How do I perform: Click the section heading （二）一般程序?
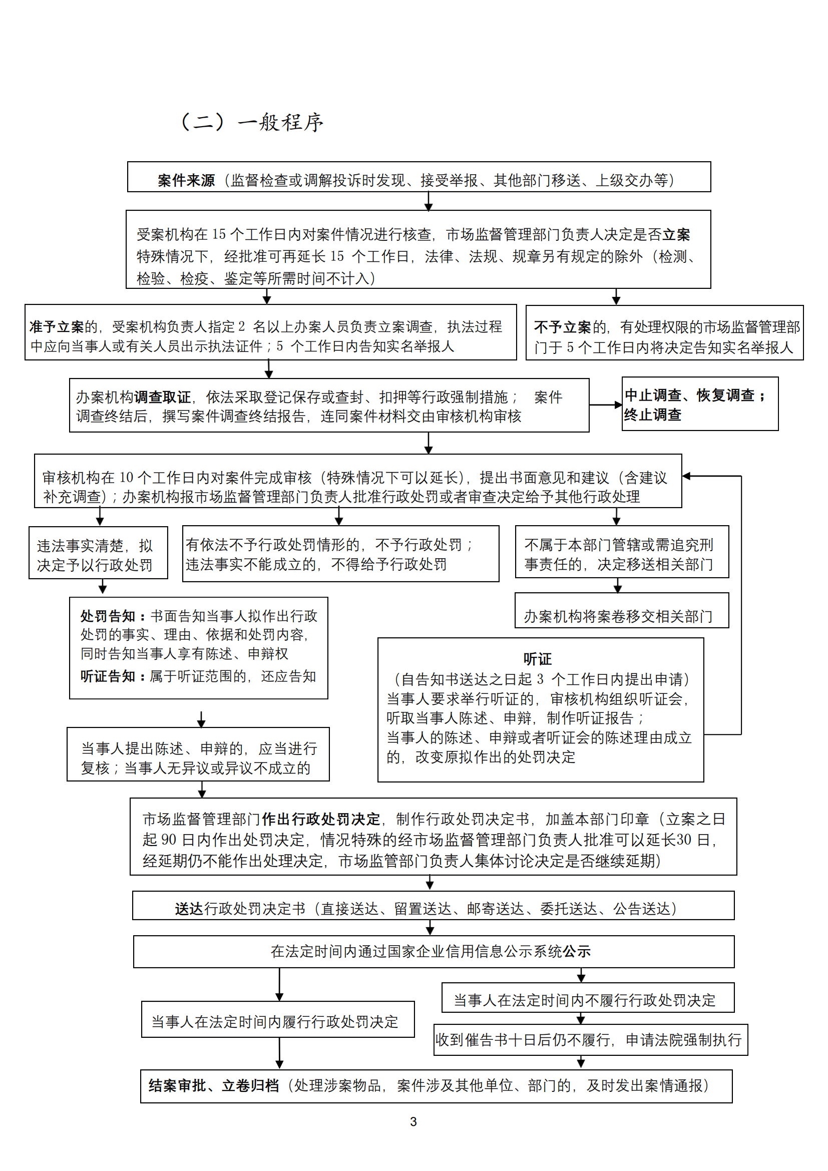tap(252, 122)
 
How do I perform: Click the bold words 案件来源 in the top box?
tap(186, 180)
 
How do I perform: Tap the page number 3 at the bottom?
tap(413, 1121)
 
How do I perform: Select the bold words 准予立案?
tap(57, 326)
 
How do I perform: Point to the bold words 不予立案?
tap(562, 327)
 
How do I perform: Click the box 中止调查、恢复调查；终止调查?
tap(699, 405)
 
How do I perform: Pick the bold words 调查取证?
tap(162, 397)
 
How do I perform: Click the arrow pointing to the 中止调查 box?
tap(605, 405)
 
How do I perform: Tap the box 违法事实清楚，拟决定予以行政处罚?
tap(98, 553)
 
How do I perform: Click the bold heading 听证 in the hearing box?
tap(537, 659)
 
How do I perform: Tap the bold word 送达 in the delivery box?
tap(189, 909)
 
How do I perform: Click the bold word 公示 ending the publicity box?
tap(576, 951)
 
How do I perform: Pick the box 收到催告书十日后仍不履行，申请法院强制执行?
tap(590, 1040)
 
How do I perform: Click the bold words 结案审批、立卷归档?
tap(214, 1086)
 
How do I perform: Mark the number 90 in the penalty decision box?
tap(168, 840)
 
